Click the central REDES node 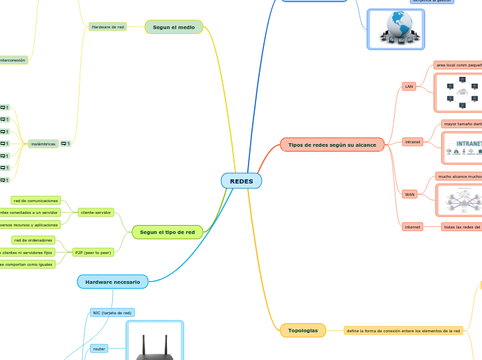pyautogui.click(x=241, y=181)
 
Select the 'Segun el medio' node pyautogui.click(x=174, y=26)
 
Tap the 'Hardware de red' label pyautogui.click(x=107, y=27)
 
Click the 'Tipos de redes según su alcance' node pyautogui.click(x=332, y=145)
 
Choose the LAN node pyautogui.click(x=409, y=87)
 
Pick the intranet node pyautogui.click(x=413, y=141)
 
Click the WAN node pyautogui.click(x=409, y=195)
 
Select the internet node pyautogui.click(x=413, y=226)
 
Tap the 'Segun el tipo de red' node pyautogui.click(x=167, y=232)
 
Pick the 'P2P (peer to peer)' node pyautogui.click(x=92, y=253)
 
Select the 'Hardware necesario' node pyautogui.click(x=112, y=282)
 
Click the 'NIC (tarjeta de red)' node pyautogui.click(x=111, y=313)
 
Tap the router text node pyautogui.click(x=99, y=349)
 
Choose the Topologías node pyautogui.click(x=303, y=330)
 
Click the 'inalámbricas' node pyautogui.click(x=43, y=144)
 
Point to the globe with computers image pyautogui.click(x=395, y=30)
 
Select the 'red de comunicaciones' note pyautogui.click(x=35, y=200)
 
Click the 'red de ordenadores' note pyautogui.click(x=33, y=240)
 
